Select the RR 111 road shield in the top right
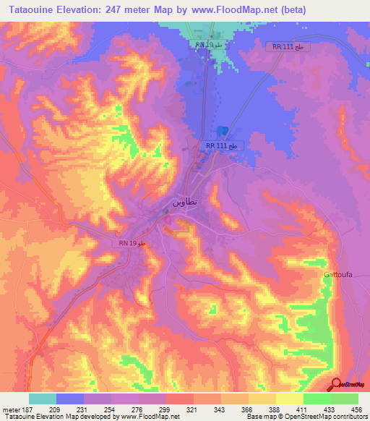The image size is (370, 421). click(x=292, y=47)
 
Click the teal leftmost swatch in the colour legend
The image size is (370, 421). click(x=43, y=399)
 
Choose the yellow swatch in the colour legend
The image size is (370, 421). click(x=290, y=399)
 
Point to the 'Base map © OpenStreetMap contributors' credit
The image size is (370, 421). click(x=307, y=417)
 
